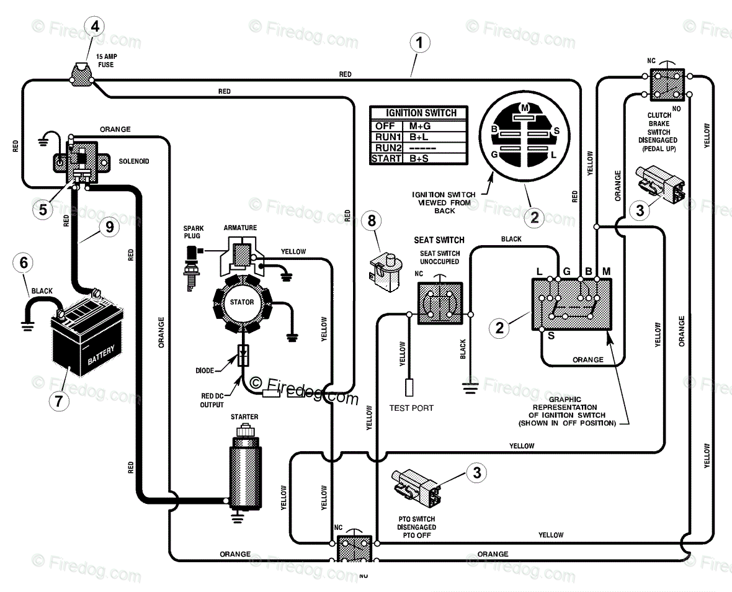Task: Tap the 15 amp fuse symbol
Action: pyautogui.click(x=82, y=74)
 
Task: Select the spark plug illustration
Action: pyautogui.click(x=192, y=269)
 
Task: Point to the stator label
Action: pyautogui.click(x=242, y=302)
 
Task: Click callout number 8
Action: pyautogui.click(x=372, y=220)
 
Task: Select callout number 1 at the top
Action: pyautogui.click(x=419, y=42)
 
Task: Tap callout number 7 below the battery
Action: pyautogui.click(x=59, y=401)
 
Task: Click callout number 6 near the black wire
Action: pyautogui.click(x=24, y=263)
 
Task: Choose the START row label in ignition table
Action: pyautogui.click(x=386, y=159)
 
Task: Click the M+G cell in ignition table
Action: pyautogui.click(x=420, y=126)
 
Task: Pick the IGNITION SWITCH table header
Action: pyautogui.click(x=421, y=113)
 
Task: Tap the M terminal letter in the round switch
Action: pyautogui.click(x=525, y=109)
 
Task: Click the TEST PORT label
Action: pyautogui.click(x=411, y=408)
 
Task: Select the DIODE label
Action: pyautogui.click(x=205, y=370)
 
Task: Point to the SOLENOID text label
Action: pyautogui.click(x=134, y=161)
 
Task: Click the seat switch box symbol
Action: pyautogui.click(x=440, y=303)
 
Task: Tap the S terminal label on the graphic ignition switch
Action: pyautogui.click(x=551, y=336)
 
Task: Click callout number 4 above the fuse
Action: pyautogui.click(x=95, y=26)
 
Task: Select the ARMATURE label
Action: pyautogui.click(x=240, y=228)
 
